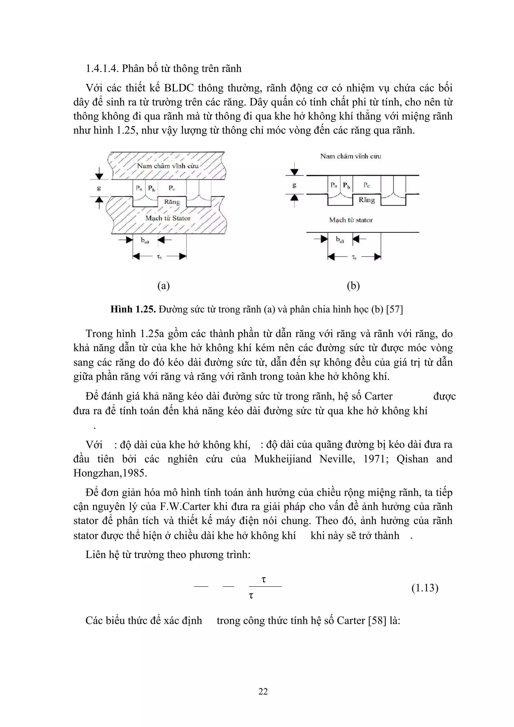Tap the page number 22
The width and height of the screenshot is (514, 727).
coord(263,691)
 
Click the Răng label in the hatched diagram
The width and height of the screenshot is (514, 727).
coord(172,202)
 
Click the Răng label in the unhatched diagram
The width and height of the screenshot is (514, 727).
coord(367,200)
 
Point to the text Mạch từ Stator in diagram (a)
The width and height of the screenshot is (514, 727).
coord(168,218)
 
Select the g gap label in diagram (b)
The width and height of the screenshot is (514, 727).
coord(294,185)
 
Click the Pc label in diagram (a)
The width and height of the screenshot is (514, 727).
coord(172,188)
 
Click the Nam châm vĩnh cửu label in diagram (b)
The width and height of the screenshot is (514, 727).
coord(351,156)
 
